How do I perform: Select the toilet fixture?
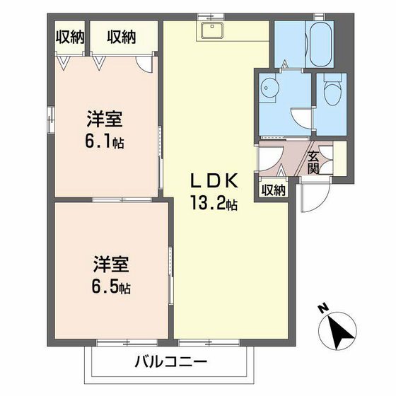pyautogui.click(x=330, y=91)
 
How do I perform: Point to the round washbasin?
pyautogui.click(x=267, y=89)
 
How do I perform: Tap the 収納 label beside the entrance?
pyautogui.click(x=273, y=189)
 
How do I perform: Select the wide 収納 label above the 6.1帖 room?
pyautogui.click(x=122, y=37)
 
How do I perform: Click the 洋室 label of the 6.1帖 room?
pyautogui.click(x=101, y=118)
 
